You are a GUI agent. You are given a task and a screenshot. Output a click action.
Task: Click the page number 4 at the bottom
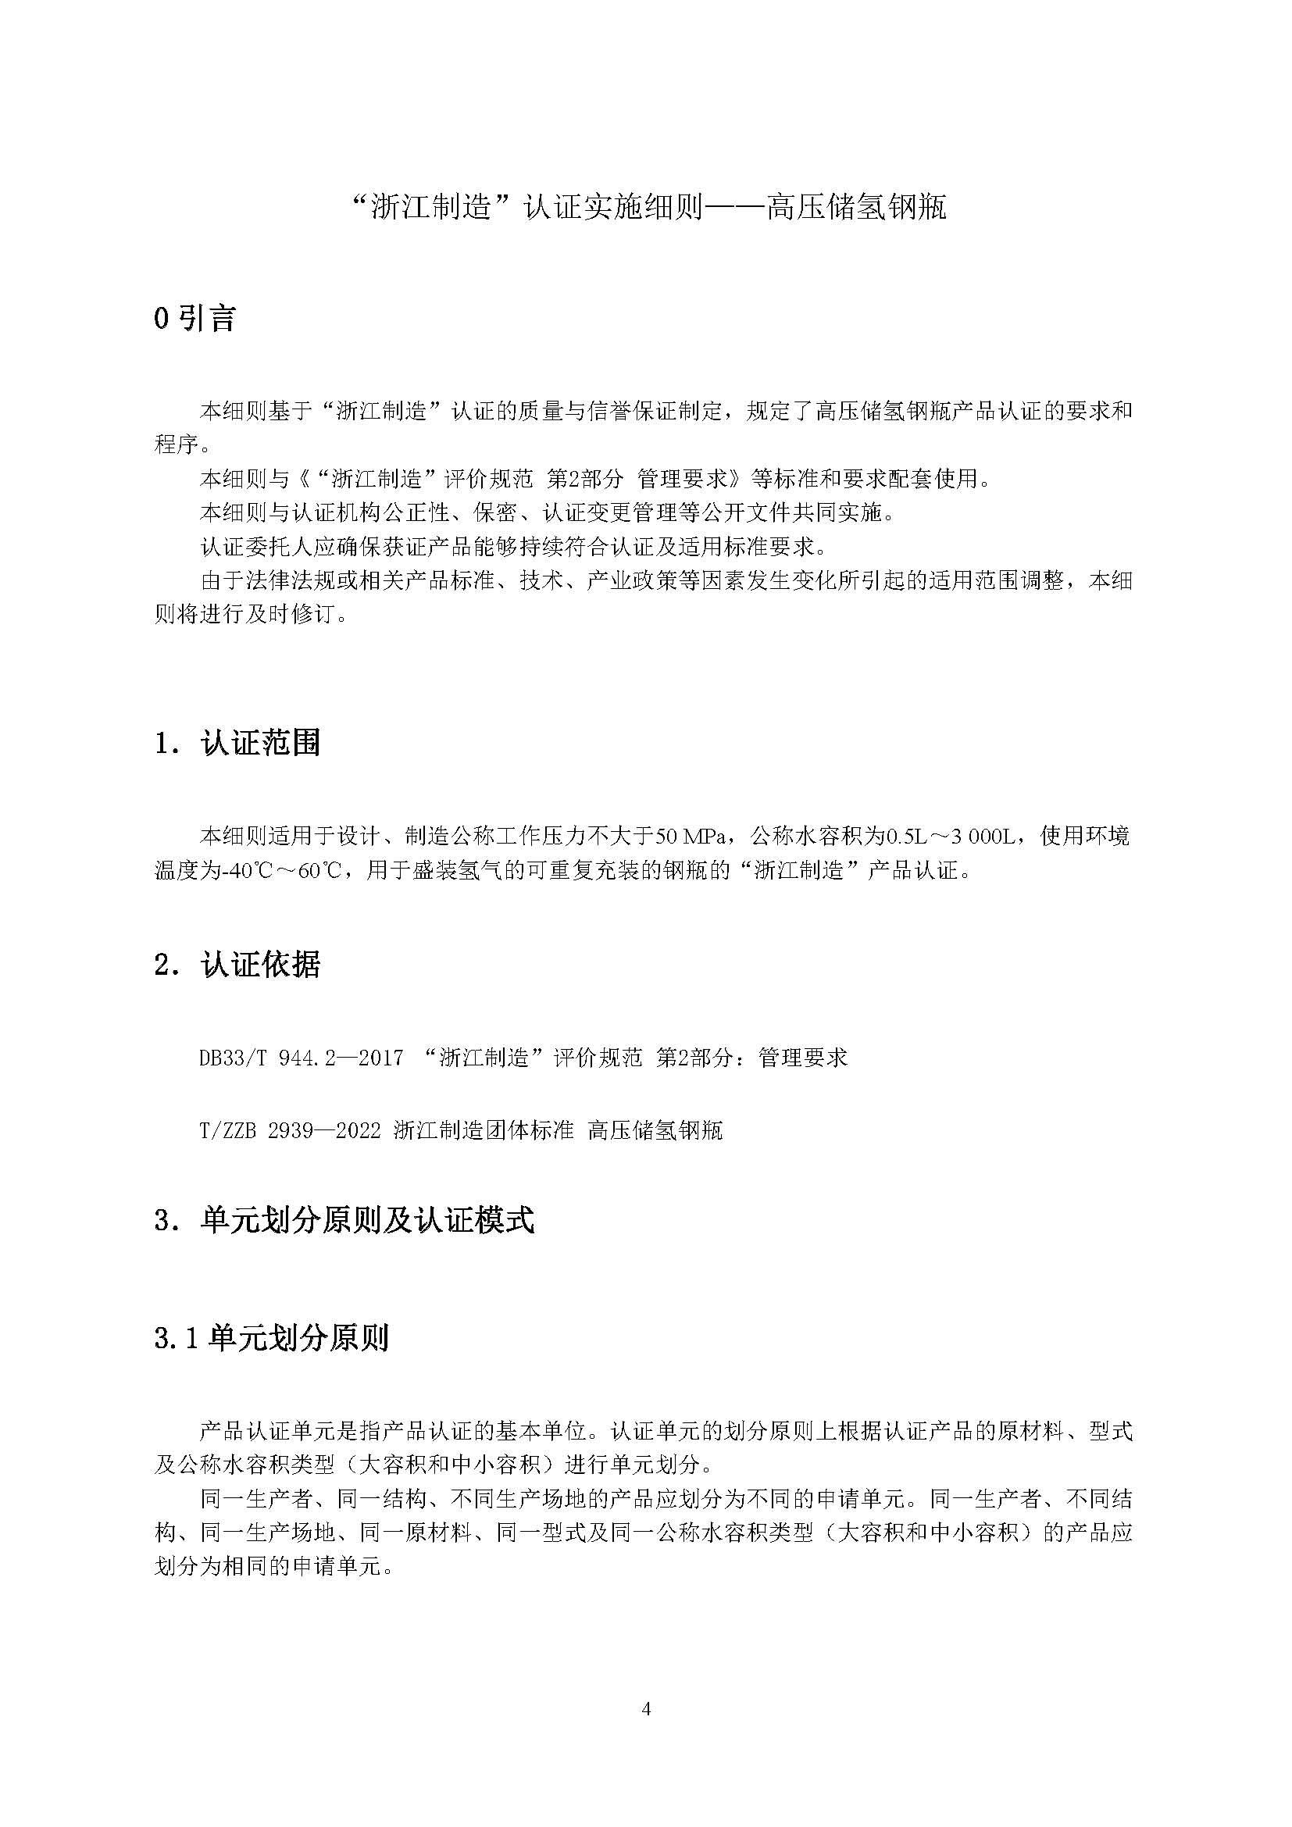(x=646, y=1708)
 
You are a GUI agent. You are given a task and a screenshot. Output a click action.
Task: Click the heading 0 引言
(x=195, y=319)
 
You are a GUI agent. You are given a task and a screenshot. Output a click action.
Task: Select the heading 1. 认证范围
(x=237, y=743)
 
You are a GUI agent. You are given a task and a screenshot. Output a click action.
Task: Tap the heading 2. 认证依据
(x=237, y=965)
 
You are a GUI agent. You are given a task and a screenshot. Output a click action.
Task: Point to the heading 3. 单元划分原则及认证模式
(x=344, y=1220)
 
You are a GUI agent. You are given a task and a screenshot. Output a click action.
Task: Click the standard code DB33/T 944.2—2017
(x=302, y=1058)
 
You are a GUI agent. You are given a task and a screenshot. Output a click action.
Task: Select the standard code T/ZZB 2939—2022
(x=291, y=1130)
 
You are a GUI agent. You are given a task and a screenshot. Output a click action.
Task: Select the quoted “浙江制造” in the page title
(x=431, y=209)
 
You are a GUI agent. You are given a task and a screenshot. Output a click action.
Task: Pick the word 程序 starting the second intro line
(x=177, y=444)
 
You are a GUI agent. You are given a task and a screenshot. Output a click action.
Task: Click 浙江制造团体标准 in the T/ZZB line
(x=483, y=1130)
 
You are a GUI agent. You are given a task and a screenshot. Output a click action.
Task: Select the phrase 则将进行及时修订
(x=245, y=614)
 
